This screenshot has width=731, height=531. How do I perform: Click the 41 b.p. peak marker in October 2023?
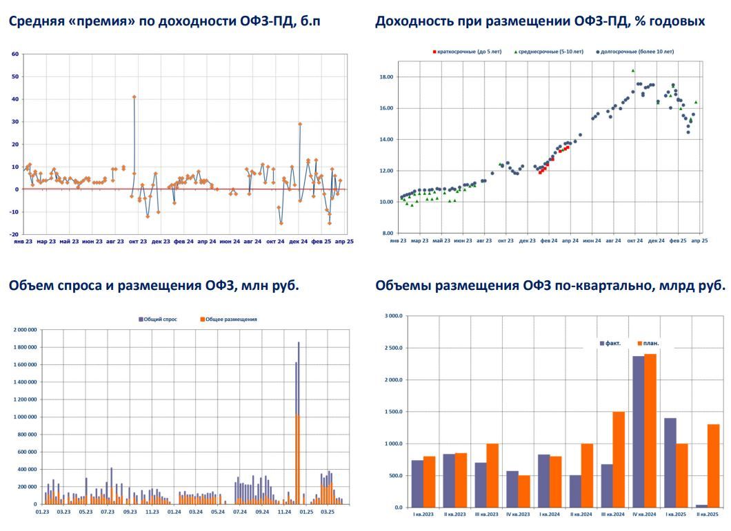[x=134, y=96]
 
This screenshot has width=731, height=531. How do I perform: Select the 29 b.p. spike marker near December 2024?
[x=300, y=124]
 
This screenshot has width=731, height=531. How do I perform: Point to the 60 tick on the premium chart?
[x=15, y=54]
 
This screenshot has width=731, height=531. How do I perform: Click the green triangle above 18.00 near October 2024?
[x=633, y=70]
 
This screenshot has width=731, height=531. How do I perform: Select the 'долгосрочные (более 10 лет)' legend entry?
[x=634, y=52]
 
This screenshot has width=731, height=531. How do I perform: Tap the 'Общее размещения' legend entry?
[x=229, y=320]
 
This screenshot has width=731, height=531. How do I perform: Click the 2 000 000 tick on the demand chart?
[x=23, y=330]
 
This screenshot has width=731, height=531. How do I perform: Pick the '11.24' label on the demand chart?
[x=283, y=512]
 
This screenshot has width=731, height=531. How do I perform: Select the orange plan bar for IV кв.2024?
[x=650, y=430]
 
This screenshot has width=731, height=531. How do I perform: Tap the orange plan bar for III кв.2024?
[x=619, y=459]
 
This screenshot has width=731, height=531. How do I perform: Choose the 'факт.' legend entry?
[x=610, y=343]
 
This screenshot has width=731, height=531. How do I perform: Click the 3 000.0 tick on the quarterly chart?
[x=392, y=316]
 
